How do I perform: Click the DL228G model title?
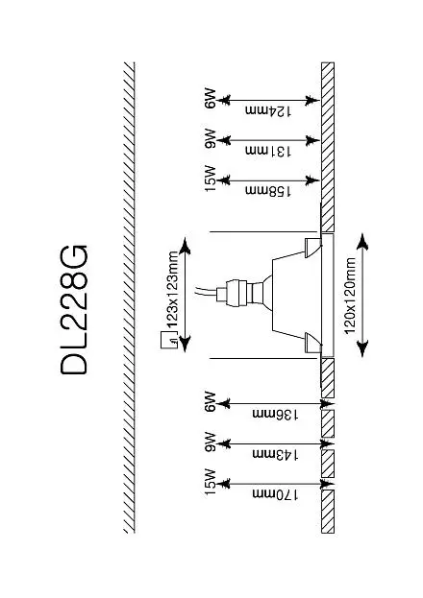[x=74, y=310]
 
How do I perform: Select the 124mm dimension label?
[x=268, y=111]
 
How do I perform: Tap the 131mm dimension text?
[x=268, y=151]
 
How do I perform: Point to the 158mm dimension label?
[x=268, y=191]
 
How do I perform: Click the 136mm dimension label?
[x=275, y=414]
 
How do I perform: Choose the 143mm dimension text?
[x=275, y=454]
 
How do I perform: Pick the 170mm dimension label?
[x=275, y=494]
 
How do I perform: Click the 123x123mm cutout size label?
[x=172, y=290]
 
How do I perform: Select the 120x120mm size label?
[x=350, y=296]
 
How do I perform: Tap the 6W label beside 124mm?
[x=210, y=99]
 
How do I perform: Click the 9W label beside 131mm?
[x=210, y=138]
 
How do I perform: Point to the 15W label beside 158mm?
[x=210, y=179]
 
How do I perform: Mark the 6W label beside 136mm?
[x=210, y=401]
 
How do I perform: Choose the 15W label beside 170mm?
[x=210, y=482]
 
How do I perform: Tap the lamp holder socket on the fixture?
[x=235, y=294]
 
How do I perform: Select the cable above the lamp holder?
[x=206, y=292]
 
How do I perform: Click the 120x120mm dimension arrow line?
[x=362, y=296]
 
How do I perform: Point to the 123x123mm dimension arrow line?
[x=185, y=295]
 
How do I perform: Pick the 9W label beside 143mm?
[x=210, y=442]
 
